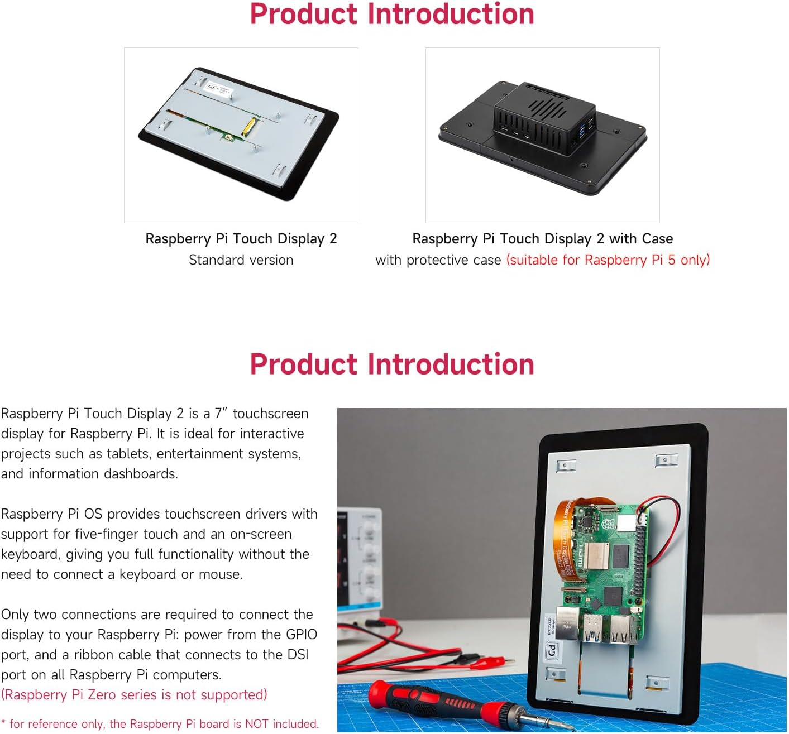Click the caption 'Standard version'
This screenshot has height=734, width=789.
(x=241, y=260)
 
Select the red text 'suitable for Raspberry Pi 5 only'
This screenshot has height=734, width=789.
(x=608, y=260)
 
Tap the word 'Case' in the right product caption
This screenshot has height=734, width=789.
(x=657, y=239)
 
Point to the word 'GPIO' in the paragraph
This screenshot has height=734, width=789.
(x=302, y=635)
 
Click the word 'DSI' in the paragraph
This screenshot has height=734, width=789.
(x=298, y=655)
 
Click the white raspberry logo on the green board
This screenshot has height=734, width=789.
(x=608, y=524)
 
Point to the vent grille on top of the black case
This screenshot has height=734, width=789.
(x=545, y=106)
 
